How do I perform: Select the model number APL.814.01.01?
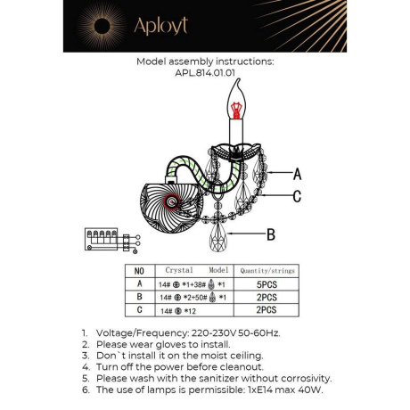click(x=204, y=75)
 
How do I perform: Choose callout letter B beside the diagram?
click(x=271, y=234)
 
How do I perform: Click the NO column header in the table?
click(x=138, y=270)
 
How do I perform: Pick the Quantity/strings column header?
click(x=268, y=270)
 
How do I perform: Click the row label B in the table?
click(x=138, y=296)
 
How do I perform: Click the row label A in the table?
click(x=138, y=283)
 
